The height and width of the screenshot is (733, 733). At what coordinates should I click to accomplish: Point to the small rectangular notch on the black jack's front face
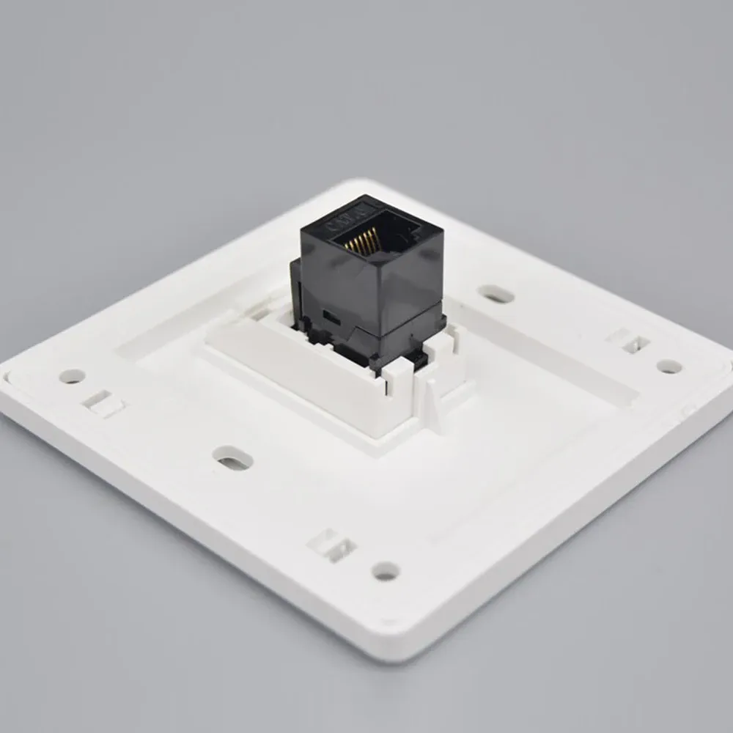click(x=331, y=317)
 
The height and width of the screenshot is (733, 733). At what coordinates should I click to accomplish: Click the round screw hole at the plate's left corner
click(x=72, y=376)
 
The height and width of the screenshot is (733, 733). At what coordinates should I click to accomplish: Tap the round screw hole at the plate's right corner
click(x=668, y=366)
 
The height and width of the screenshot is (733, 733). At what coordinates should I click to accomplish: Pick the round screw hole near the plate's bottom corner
click(x=385, y=570)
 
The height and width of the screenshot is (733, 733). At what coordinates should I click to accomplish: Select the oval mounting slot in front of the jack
click(x=233, y=459)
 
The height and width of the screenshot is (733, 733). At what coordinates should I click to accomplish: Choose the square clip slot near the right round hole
click(x=629, y=341)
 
